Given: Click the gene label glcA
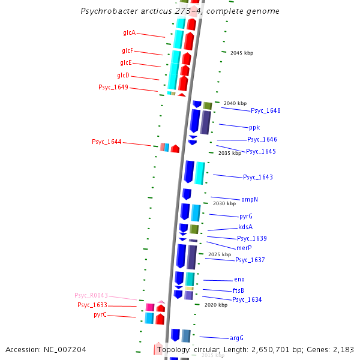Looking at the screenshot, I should coord(129,32).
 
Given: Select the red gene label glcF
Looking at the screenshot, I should coord(127,50).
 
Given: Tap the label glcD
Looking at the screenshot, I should coord(123,75).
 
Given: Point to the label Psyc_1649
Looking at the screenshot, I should coord(113,88).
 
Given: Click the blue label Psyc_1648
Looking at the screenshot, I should coord(265,110).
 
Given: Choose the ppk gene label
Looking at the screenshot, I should coord(254,127).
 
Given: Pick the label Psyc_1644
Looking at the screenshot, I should coord(107,142).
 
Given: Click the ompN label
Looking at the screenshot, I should coord(249,199).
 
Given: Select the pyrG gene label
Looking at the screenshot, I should coord(246,216).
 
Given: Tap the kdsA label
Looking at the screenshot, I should coord(245,227).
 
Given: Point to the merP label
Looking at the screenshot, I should coord(244,248).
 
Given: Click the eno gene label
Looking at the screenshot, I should coord(239,280).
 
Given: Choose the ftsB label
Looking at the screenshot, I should coord(238,290).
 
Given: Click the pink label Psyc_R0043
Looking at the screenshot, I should coord(91,295).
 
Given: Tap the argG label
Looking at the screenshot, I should coord(237,338).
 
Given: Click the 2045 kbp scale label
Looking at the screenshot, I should coord(242,53).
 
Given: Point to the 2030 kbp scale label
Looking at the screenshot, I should coord(224,203).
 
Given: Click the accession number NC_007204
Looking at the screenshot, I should coord(46,349).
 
